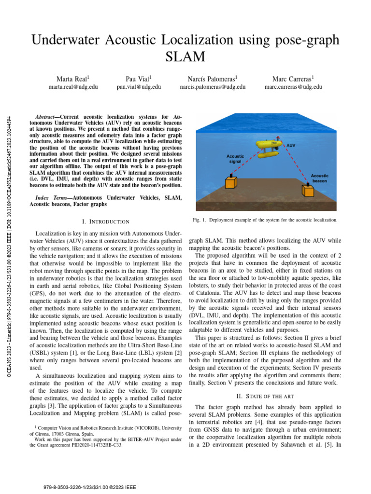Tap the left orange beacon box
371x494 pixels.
230,182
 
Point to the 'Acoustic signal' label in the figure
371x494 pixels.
236,159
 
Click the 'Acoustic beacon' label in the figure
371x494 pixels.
319,178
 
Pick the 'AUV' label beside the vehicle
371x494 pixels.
291,145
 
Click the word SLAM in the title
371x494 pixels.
185,57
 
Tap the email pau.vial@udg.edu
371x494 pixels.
139,87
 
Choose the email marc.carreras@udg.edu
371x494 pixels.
293,87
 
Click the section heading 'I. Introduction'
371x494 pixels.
106,221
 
